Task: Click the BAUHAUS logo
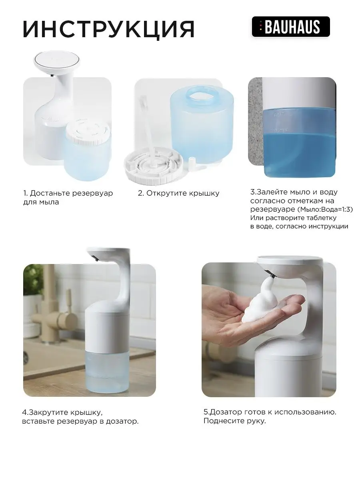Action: coord(291,27)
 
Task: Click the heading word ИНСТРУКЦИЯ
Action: coord(109,29)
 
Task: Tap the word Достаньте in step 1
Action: coord(50,193)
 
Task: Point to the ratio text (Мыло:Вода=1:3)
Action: coord(325,209)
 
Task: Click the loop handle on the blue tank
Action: coord(200,96)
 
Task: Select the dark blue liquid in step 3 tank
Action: coord(299,154)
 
